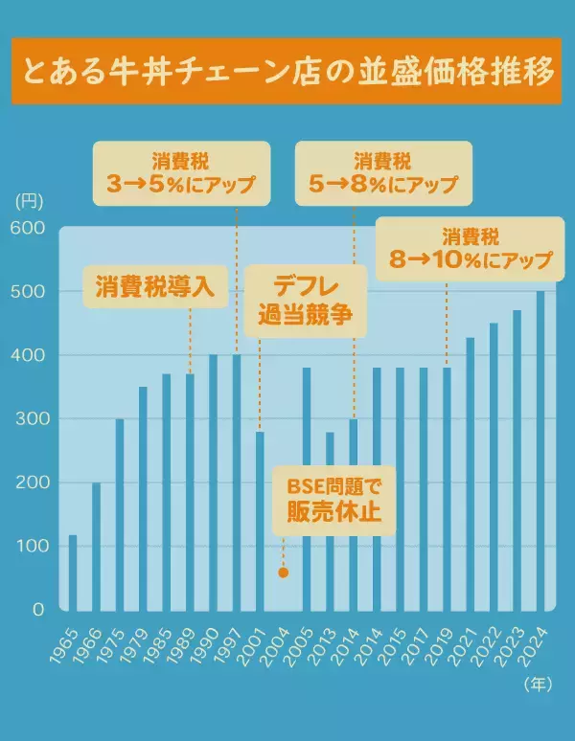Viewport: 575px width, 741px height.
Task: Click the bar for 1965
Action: (73, 572)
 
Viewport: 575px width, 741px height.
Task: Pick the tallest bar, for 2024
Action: (540, 450)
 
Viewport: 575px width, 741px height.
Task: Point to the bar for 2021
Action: (471, 473)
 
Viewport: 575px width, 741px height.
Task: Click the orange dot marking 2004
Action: (283, 573)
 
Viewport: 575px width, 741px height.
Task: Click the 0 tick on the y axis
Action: (38, 610)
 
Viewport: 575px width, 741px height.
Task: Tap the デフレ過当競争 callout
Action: (306, 302)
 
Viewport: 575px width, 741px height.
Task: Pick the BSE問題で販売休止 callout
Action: (335, 502)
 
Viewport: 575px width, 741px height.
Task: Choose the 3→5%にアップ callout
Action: (181, 174)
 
